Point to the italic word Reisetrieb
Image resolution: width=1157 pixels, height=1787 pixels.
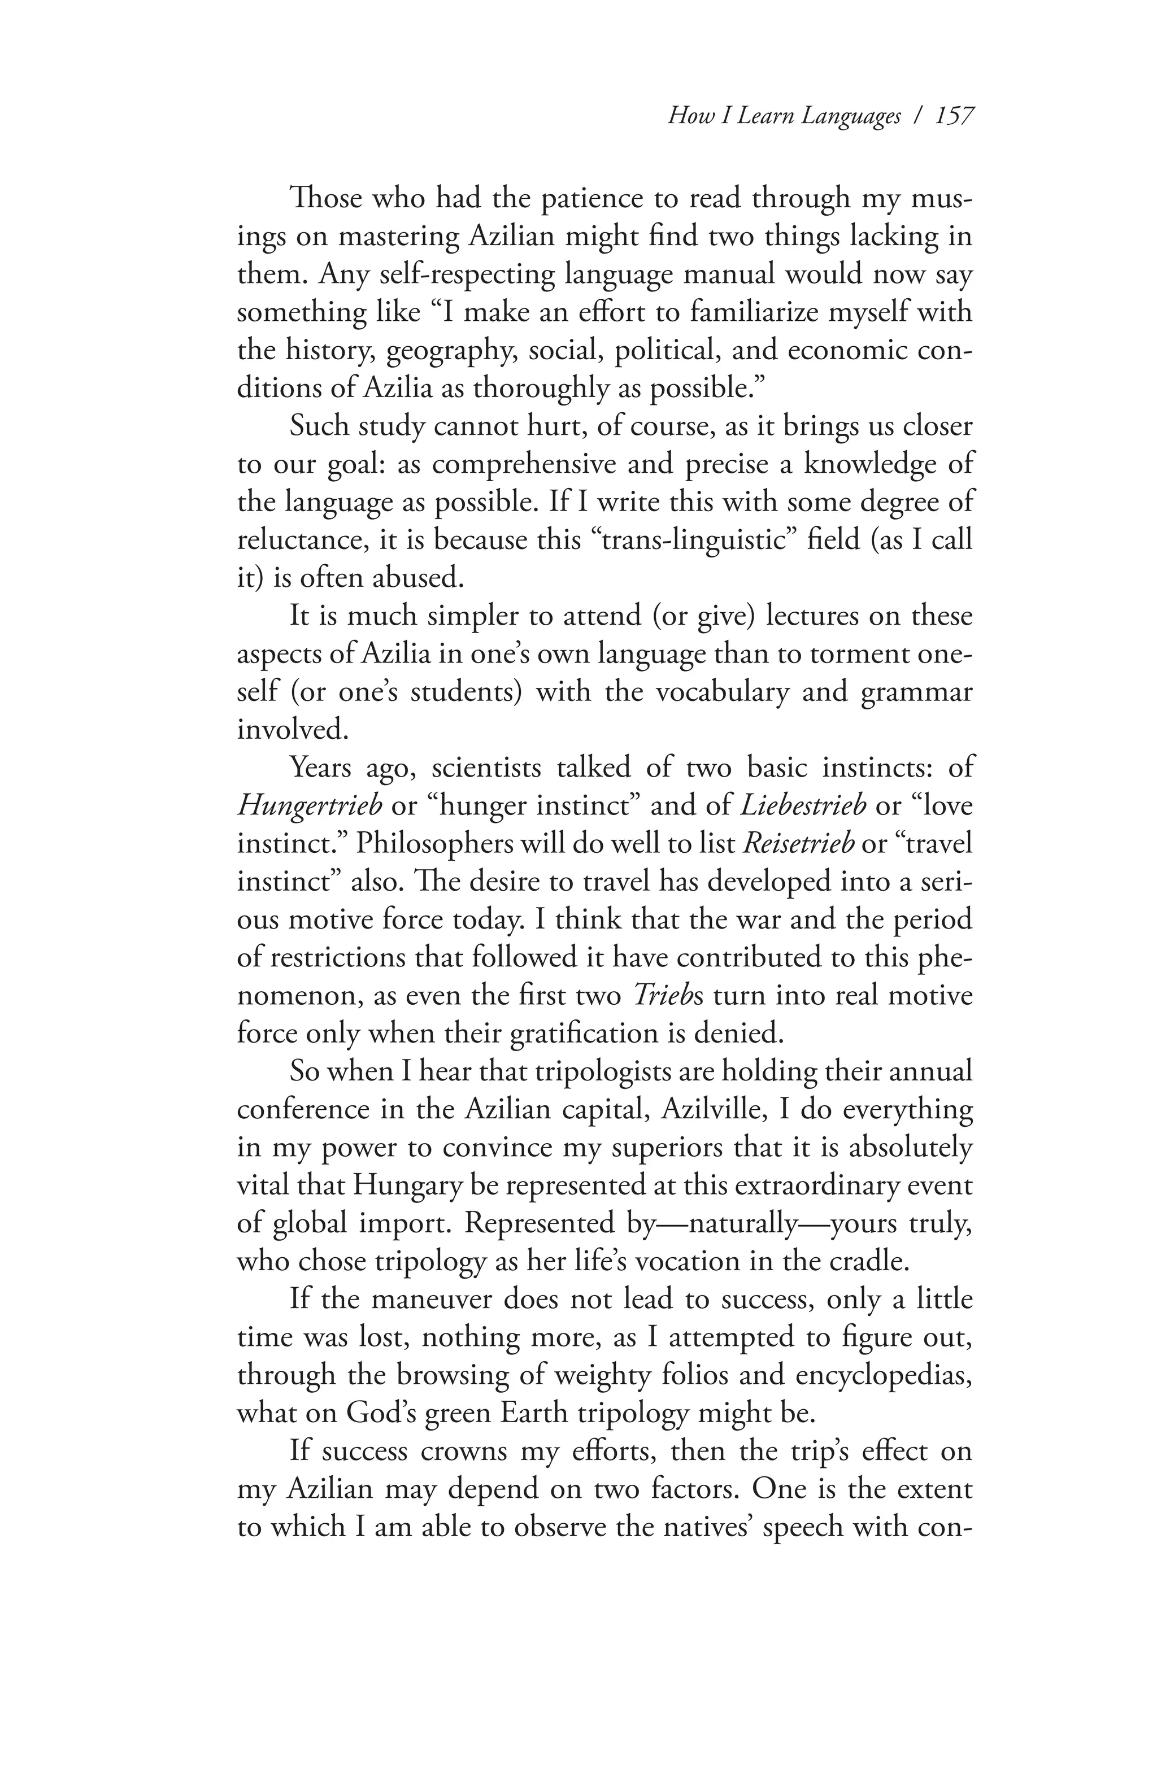798,843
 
